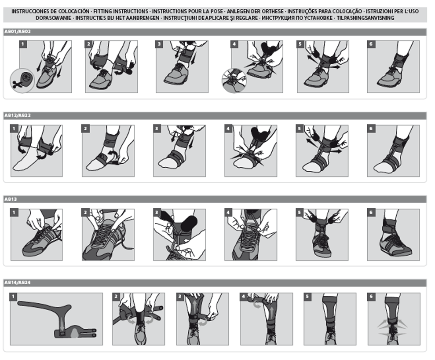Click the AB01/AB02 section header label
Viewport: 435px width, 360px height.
pos(18,32)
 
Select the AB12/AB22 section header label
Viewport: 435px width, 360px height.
pos(18,115)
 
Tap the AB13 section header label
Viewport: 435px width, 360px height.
pos(11,199)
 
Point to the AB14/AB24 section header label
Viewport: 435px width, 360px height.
pos(18,283)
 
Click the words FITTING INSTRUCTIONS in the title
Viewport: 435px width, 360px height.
pos(121,11)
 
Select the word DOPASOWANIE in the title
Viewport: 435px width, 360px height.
pos(54,18)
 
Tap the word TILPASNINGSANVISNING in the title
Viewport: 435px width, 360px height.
pos(366,18)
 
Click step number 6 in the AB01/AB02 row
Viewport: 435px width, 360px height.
pos(371,44)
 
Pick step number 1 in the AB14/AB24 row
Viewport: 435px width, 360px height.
pos(13,297)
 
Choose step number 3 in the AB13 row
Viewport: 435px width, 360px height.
pos(157,213)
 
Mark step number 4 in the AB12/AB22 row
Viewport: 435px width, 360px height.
pos(228,129)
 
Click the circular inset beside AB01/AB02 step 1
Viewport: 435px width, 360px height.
pos(22,81)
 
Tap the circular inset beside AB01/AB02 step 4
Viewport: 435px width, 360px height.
pos(234,81)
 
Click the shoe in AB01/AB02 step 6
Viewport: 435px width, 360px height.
pos(391,78)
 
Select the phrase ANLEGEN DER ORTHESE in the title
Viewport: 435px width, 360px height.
pos(255,11)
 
